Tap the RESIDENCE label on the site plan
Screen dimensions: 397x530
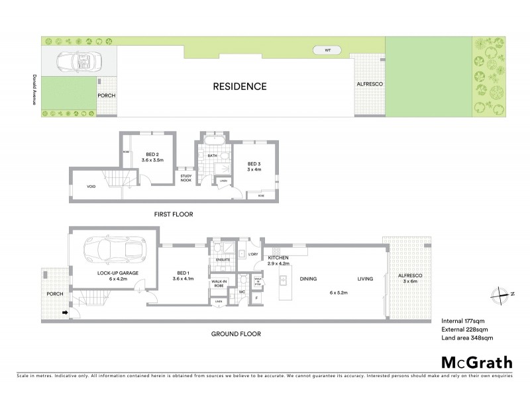[239, 87]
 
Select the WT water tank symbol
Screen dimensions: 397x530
[327, 50]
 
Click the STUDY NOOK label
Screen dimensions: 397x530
[185, 177]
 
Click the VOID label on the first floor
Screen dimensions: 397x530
[91, 187]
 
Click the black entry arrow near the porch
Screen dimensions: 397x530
[64, 312]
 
